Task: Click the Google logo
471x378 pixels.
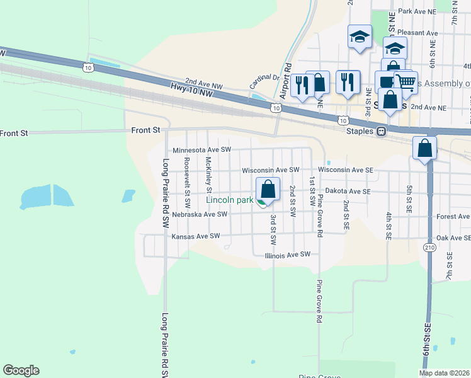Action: click(x=21, y=370)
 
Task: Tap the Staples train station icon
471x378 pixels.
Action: click(x=381, y=132)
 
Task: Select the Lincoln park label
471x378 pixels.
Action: click(x=230, y=200)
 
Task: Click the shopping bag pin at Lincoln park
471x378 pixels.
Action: click(x=268, y=189)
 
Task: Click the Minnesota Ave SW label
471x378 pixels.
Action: click(x=202, y=150)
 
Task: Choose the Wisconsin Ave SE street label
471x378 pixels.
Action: click(x=346, y=170)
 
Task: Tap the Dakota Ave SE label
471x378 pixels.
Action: click(x=348, y=190)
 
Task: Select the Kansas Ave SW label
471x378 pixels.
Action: click(x=196, y=236)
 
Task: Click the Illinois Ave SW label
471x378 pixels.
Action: click(x=288, y=255)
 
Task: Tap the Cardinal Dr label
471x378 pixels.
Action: click(x=264, y=80)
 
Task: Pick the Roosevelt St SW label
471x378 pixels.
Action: click(x=187, y=183)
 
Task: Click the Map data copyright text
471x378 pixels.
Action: click(x=444, y=373)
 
